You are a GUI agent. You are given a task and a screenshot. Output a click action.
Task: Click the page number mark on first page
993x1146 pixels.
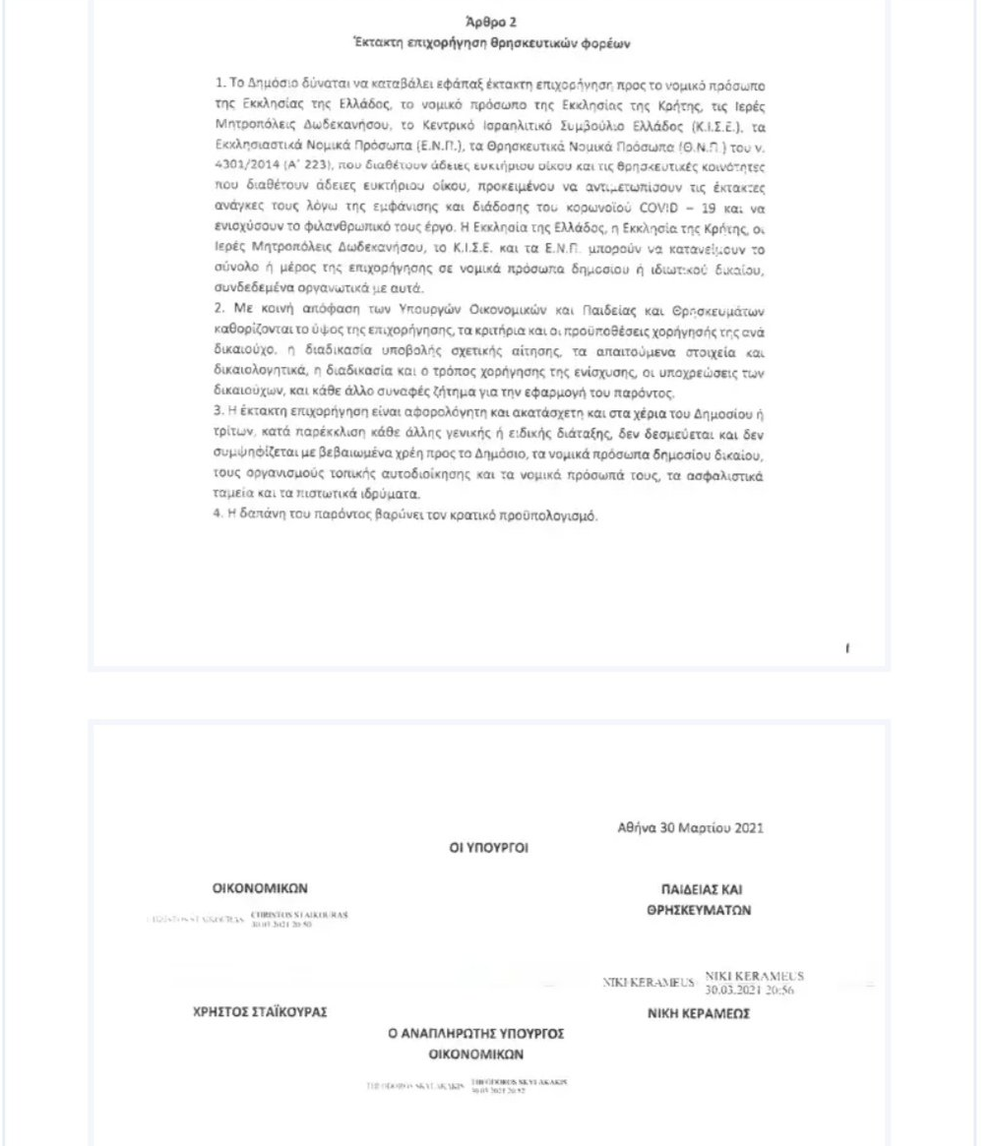coord(848,649)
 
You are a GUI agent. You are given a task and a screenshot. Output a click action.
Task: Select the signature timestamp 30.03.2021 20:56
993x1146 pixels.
coord(754,987)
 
